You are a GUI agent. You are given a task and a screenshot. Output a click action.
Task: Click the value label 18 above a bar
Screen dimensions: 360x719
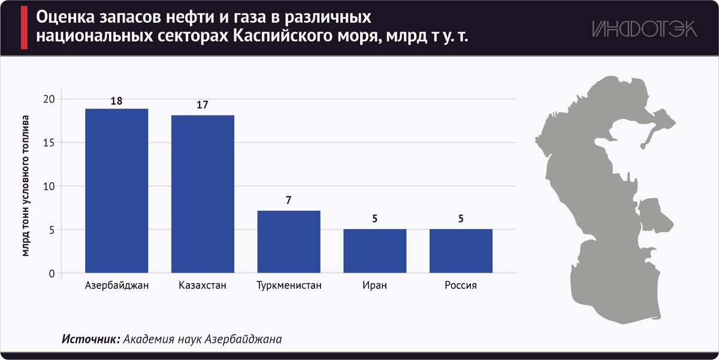pyautogui.click(x=116, y=101)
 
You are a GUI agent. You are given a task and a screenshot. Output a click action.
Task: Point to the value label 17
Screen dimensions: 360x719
pyautogui.click(x=202, y=105)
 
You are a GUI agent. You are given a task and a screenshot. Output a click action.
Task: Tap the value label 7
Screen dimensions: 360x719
pyautogui.click(x=289, y=201)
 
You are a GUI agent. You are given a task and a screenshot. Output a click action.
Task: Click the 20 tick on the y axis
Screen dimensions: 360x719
pyautogui.click(x=49, y=99)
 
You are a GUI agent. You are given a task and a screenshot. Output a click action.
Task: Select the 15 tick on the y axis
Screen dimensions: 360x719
pyautogui.click(x=49, y=143)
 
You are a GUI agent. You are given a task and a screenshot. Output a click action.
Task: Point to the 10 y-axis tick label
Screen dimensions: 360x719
pyautogui.click(x=49, y=186)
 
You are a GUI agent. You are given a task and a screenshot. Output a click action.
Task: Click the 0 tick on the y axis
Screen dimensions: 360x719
pyautogui.click(x=52, y=274)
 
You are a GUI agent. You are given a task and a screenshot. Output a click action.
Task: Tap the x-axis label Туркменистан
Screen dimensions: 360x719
pyautogui.click(x=289, y=286)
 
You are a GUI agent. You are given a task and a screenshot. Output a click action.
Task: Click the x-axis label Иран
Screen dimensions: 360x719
pyautogui.click(x=374, y=286)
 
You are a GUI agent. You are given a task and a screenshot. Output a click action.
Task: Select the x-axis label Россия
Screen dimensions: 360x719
pyautogui.click(x=461, y=286)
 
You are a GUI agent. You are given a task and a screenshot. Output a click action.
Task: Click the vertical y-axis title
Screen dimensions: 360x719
pyautogui.click(x=26, y=186)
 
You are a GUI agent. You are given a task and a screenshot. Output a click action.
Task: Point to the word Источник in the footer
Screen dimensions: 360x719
pyautogui.click(x=90, y=339)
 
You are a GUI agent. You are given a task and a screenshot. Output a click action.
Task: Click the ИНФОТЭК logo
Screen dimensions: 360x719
pyautogui.click(x=645, y=29)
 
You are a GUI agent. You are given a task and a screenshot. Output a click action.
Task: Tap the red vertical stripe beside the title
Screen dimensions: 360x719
pyautogui.click(x=24, y=29)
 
